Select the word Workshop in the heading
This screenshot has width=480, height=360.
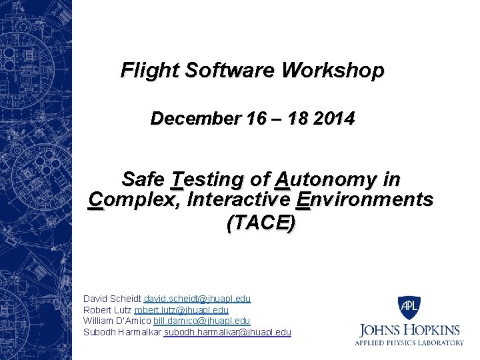point(333,70)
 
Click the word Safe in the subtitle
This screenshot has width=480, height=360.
point(143,179)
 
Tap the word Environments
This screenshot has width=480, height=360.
point(365,199)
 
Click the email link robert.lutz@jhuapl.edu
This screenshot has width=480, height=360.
point(181,310)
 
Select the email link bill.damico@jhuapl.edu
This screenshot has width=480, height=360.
point(201,321)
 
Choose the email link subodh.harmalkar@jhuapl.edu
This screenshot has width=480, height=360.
point(227,332)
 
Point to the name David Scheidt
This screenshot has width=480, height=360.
point(112,299)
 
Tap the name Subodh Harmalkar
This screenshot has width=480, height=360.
point(123,332)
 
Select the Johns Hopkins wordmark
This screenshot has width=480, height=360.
point(410,330)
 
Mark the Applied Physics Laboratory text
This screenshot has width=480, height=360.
point(410,343)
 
